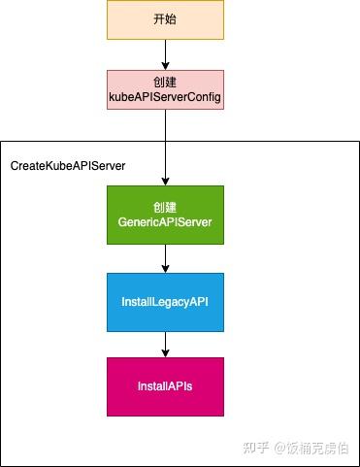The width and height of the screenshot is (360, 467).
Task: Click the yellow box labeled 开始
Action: (165, 20)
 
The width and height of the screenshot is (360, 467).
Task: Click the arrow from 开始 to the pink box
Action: (165, 53)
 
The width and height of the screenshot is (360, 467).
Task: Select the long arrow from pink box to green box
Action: (165, 146)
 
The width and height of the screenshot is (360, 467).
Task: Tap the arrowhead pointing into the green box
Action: (165, 181)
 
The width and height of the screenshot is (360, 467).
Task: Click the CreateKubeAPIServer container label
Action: (68, 166)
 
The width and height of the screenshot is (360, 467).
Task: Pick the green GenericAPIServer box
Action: (165, 215)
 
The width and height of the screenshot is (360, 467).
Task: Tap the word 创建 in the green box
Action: (165, 208)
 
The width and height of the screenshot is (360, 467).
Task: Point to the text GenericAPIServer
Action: (165, 222)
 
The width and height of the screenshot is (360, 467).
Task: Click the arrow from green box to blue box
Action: (165, 257)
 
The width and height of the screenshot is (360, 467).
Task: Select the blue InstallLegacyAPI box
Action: (165, 302)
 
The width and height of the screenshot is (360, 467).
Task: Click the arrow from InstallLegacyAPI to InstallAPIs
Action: (165, 344)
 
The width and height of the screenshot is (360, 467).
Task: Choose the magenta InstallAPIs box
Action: (165, 386)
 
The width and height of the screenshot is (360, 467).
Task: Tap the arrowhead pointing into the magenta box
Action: (165, 352)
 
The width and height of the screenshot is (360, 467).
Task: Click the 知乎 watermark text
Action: (255, 448)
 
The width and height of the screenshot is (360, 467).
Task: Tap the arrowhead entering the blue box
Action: (165, 268)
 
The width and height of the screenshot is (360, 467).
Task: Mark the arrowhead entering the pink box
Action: (165, 64)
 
